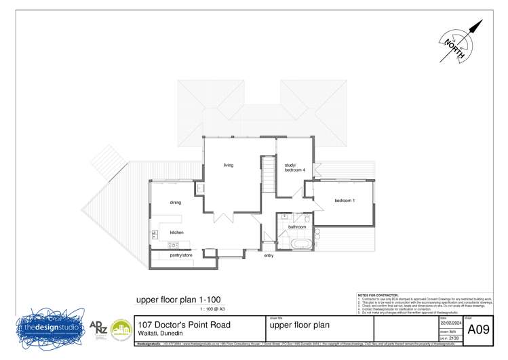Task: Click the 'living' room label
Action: (229, 165)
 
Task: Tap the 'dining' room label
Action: (175, 203)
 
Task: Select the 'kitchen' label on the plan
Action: (176, 233)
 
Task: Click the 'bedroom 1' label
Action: (345, 201)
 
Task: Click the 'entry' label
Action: (269, 256)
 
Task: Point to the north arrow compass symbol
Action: (460, 41)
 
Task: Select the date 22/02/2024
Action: (450, 323)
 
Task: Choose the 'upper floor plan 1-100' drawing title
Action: (178, 300)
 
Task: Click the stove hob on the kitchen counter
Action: (155, 234)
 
